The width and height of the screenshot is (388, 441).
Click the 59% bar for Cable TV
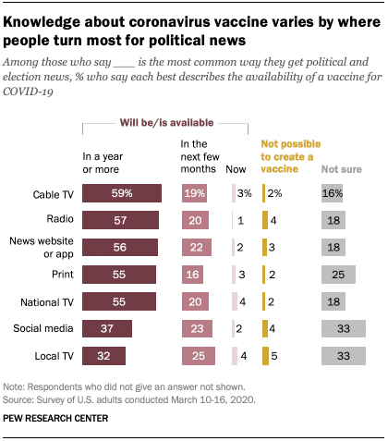pos(122,193)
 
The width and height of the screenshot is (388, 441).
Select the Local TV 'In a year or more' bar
pos(103,356)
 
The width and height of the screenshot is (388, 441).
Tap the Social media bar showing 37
pos(107,329)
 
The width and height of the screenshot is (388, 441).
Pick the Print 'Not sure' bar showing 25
pos(337,275)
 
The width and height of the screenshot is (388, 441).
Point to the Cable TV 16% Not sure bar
pos(331,193)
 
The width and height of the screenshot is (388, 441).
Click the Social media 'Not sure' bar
pos(343,329)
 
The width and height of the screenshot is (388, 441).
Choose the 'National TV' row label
pos(50,301)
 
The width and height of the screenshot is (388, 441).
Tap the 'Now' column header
pos(237,169)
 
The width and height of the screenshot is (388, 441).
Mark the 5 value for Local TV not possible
pos(273,356)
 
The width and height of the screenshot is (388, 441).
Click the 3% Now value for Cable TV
pos(243,193)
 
